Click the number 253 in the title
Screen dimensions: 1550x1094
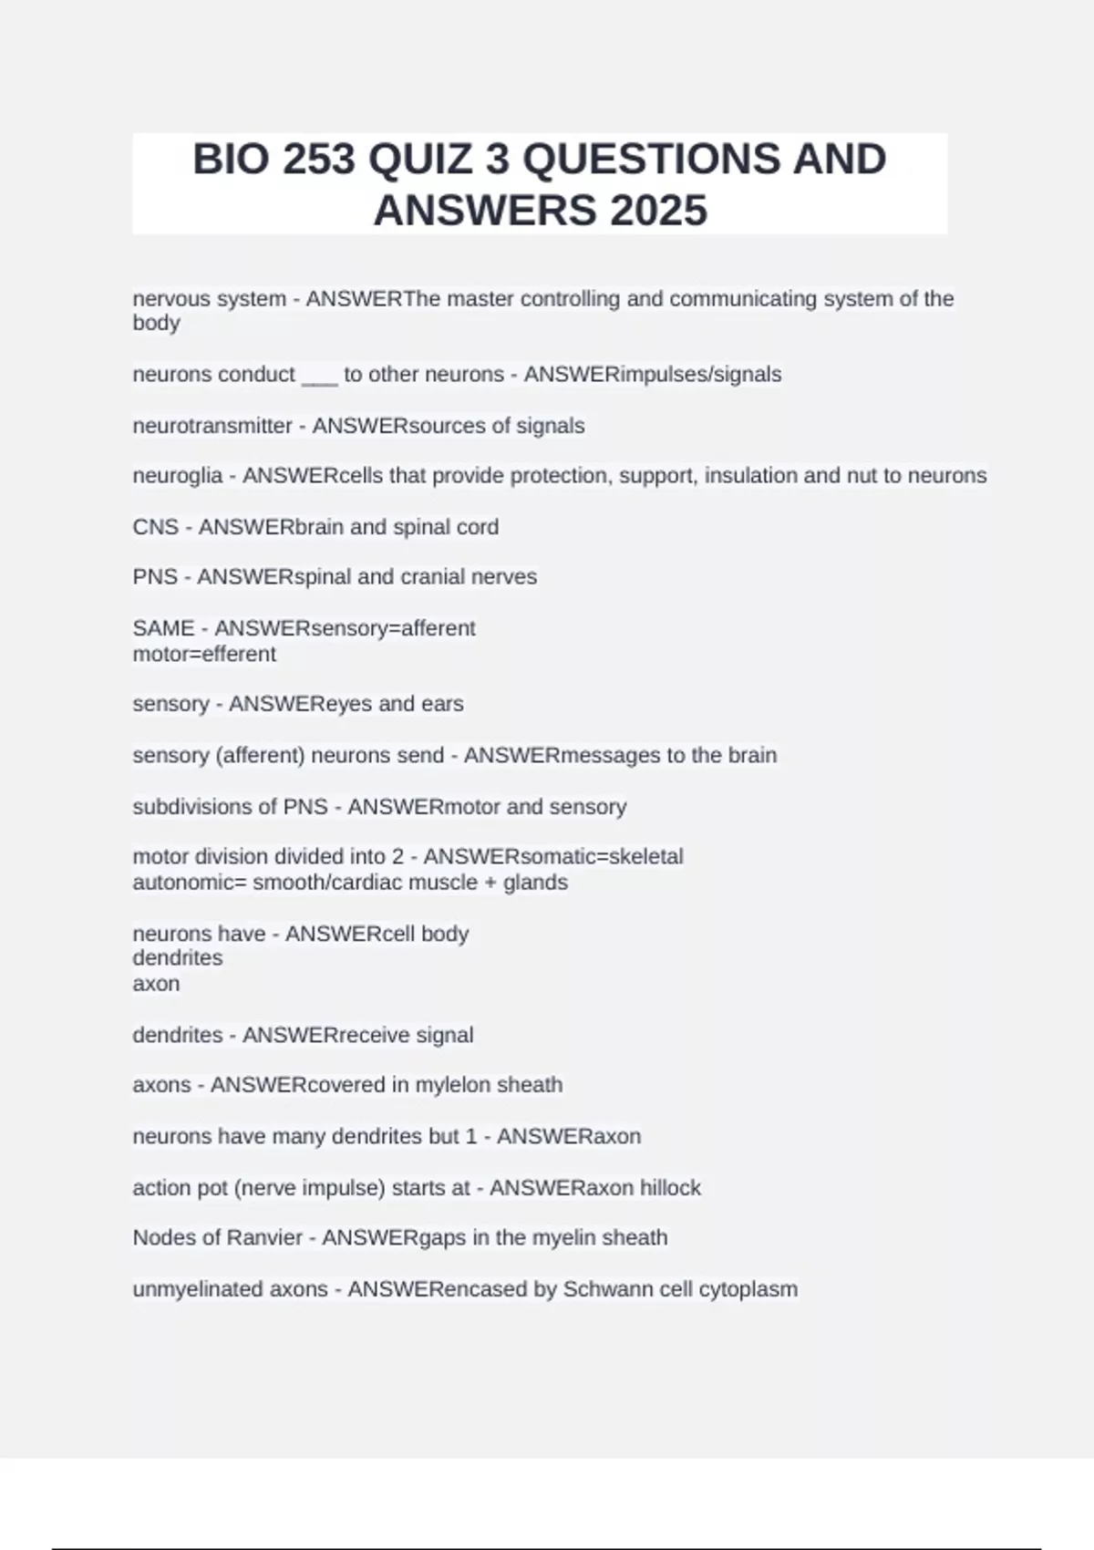pos(318,160)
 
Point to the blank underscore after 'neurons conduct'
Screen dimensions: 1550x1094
pos(319,375)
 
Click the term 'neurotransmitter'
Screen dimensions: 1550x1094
pos(212,426)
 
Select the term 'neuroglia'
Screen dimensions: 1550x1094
pos(178,476)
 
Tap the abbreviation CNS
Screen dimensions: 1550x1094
pos(155,527)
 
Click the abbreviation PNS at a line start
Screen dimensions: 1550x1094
pos(155,577)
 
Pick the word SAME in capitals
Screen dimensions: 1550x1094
pos(163,628)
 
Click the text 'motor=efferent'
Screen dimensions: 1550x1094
pos(204,654)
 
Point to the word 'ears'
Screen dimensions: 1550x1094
pos(442,704)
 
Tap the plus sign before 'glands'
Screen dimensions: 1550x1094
pos(491,883)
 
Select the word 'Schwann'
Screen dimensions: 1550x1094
pos(600,1289)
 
